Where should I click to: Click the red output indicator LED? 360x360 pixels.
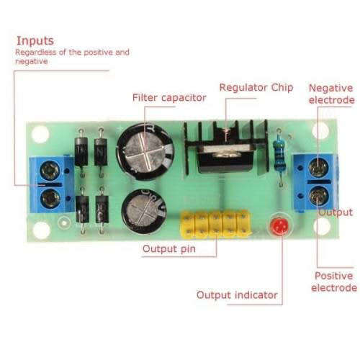(279, 226)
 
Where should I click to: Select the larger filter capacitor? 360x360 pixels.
(145, 150)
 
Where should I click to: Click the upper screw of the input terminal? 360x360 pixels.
(50, 171)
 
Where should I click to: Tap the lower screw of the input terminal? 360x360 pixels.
(50, 198)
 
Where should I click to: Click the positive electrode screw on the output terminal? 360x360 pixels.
(318, 197)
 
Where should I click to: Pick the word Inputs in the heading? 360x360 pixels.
(35, 40)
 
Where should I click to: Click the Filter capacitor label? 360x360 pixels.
(169, 97)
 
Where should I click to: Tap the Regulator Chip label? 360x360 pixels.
(256, 87)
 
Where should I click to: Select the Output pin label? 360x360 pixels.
(169, 249)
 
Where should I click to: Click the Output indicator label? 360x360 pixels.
(237, 294)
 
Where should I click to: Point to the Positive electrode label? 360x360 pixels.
(334, 282)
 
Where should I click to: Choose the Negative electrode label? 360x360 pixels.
(331, 94)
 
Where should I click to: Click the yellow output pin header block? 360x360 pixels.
(216, 225)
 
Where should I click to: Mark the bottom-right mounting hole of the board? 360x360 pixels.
(322, 226)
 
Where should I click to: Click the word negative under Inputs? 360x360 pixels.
(31, 61)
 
